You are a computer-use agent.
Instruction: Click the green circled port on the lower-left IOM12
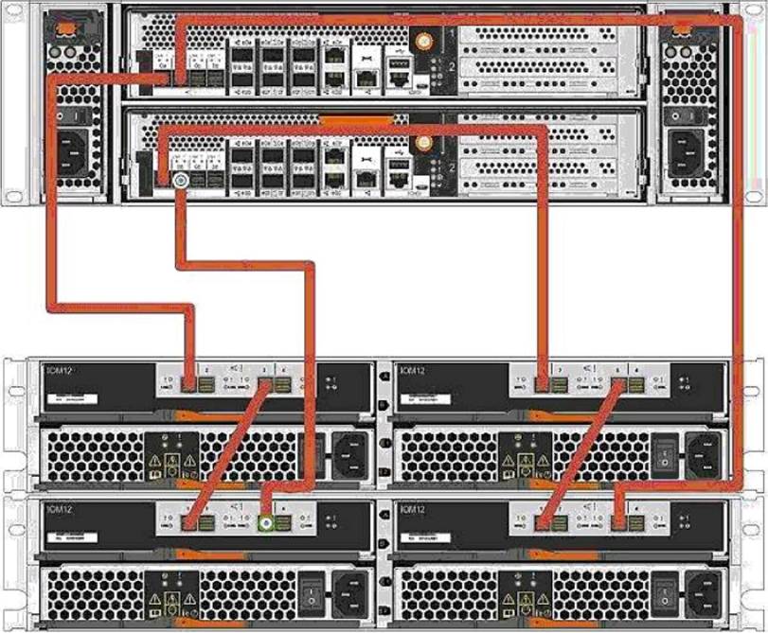[x=267, y=519]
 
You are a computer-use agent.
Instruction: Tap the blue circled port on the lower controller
[x=180, y=180]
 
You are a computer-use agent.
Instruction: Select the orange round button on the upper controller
[x=425, y=42]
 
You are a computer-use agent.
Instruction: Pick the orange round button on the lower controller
[x=425, y=143]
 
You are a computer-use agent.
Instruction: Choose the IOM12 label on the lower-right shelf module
[x=414, y=508]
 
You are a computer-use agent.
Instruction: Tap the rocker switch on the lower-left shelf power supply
[x=310, y=597]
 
